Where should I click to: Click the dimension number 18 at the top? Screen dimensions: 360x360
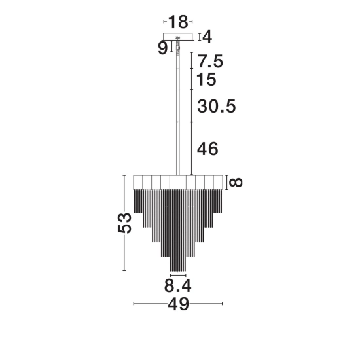tap(178, 22)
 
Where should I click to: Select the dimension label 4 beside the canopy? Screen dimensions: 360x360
tap(207, 37)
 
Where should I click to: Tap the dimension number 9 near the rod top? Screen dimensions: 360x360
tap(163, 48)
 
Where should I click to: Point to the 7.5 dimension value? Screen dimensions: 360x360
tap(210, 62)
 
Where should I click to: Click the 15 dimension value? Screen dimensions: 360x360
tap(207, 79)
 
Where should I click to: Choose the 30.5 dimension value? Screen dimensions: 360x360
tap(217, 106)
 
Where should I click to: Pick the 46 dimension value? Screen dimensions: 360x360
tap(207, 149)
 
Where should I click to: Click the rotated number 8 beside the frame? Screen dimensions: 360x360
tap(236, 183)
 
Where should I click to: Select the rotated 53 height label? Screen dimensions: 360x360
tap(124, 223)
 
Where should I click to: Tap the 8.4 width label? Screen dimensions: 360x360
tap(177, 286)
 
